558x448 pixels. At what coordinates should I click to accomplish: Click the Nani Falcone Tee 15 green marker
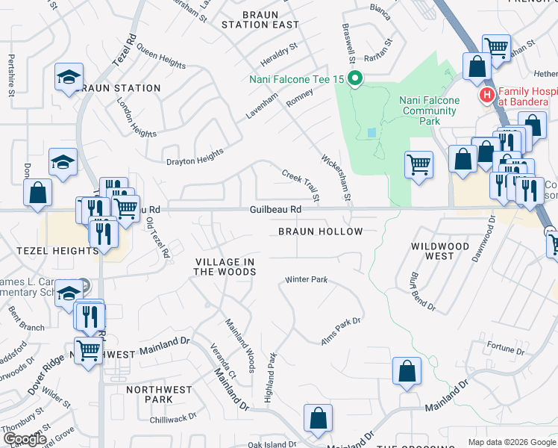click(356, 78)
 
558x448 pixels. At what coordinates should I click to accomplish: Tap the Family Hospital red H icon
click(487, 95)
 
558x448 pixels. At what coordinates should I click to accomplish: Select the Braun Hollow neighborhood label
click(320, 231)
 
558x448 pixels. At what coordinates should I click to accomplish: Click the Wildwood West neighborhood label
click(440, 251)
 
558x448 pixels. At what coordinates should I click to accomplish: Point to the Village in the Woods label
click(225, 267)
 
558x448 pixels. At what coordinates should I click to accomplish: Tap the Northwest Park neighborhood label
click(159, 394)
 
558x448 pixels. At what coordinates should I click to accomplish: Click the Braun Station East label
click(260, 19)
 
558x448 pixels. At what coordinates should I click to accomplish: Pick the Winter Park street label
click(306, 280)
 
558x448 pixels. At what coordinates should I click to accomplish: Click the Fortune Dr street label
click(505, 348)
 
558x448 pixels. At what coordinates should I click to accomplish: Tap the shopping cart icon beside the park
click(418, 164)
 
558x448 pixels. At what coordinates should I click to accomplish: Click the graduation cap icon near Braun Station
click(69, 78)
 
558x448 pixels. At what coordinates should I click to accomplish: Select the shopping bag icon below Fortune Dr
click(407, 372)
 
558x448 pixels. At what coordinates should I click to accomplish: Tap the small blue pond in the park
click(372, 133)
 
